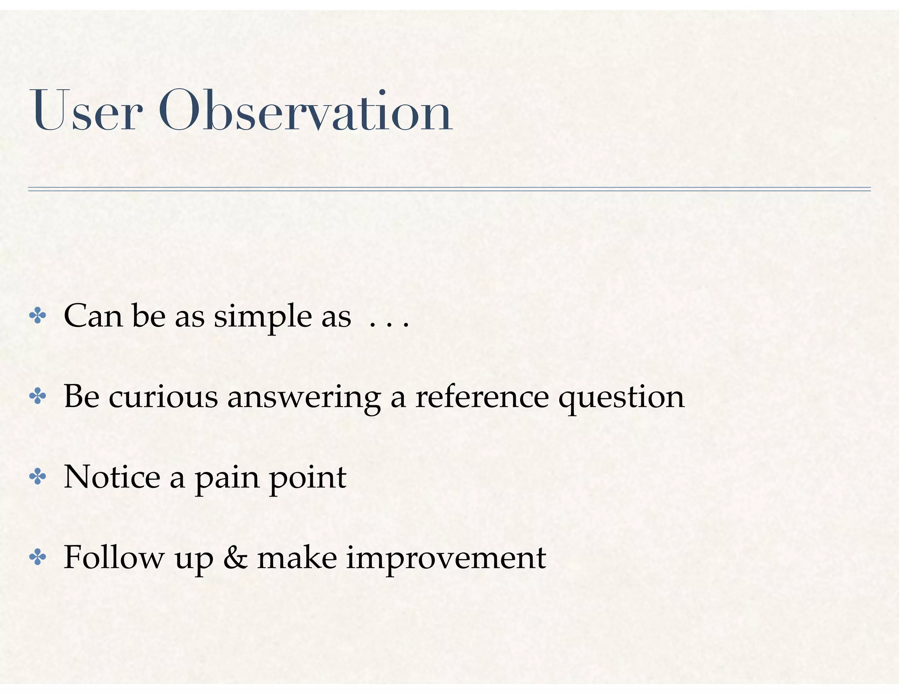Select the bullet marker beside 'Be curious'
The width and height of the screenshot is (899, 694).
point(37,397)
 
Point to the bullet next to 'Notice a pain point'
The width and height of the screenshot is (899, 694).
point(37,477)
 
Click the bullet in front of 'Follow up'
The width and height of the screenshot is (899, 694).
point(37,558)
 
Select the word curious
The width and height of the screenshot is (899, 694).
point(163,397)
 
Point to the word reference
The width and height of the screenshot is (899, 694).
point(482,397)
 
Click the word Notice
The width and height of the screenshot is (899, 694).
point(112,477)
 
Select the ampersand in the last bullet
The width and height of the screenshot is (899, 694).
point(235,558)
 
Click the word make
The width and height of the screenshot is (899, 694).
point(297,558)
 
